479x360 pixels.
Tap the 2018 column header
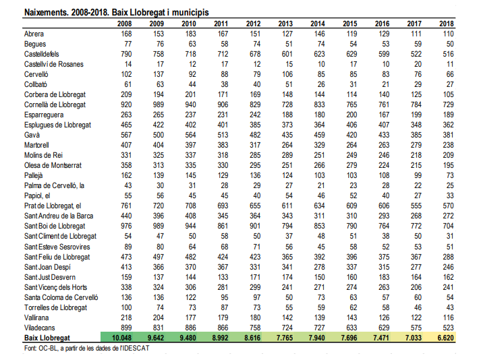point(446,24)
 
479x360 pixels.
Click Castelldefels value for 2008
point(124,53)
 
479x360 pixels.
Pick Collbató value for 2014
point(320,85)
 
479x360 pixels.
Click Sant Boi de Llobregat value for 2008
point(124,225)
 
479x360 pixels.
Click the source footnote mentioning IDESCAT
point(86,348)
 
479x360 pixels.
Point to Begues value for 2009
point(158,44)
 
